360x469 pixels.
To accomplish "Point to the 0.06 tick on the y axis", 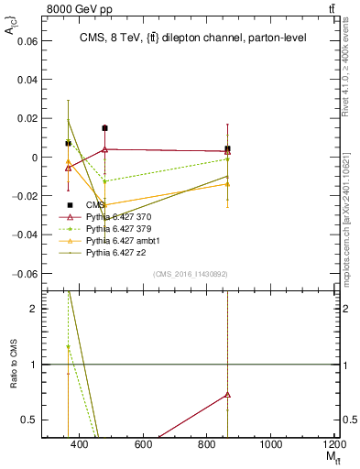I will tap(28, 41).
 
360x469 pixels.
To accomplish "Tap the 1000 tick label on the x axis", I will tap(271, 444).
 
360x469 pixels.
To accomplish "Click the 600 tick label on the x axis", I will tap(143, 444).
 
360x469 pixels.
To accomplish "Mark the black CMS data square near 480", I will tap(105, 128).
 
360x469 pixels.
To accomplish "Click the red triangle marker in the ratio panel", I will tap(227, 395).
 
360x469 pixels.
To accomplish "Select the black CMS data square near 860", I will tap(227, 148).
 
